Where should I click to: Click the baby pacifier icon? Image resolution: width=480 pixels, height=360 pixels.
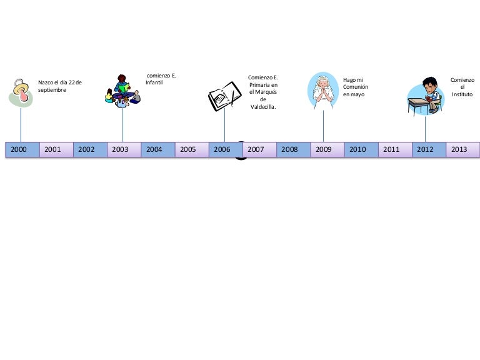(21, 92)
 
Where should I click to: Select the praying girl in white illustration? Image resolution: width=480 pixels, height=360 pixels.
(323, 91)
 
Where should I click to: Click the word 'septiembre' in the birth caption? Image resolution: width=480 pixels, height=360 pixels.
(52, 90)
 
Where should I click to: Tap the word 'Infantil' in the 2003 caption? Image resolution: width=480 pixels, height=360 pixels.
(154, 82)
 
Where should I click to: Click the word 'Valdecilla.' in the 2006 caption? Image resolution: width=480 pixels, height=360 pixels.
(263, 107)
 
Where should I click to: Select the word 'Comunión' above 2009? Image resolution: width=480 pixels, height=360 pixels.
(356, 87)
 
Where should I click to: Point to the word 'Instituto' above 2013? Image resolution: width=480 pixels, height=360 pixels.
(462, 94)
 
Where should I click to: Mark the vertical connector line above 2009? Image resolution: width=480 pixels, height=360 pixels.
(323, 126)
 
